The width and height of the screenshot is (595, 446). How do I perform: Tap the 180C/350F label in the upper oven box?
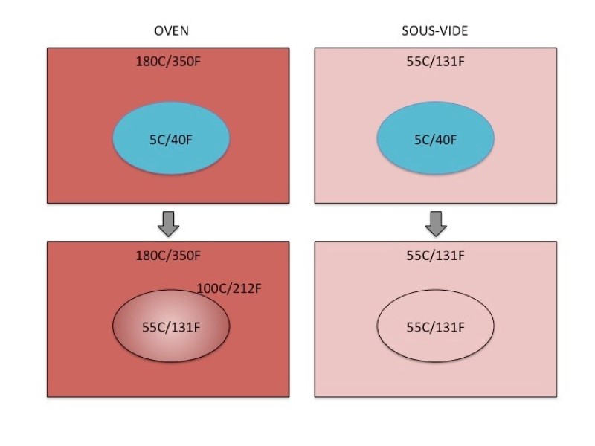click(168, 60)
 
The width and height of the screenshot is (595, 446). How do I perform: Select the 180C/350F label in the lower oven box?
click(168, 256)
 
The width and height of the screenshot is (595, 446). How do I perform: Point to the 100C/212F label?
click(229, 287)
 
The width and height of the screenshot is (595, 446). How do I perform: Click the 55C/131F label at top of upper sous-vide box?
click(435, 60)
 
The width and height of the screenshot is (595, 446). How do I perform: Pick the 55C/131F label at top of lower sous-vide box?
click(435, 256)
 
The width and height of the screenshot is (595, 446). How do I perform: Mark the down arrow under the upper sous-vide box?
click(436, 222)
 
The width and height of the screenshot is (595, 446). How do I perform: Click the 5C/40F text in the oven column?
click(171, 139)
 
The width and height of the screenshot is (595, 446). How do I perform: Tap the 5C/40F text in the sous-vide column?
click(436, 139)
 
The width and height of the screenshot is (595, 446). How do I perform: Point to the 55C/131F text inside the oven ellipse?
click(171, 327)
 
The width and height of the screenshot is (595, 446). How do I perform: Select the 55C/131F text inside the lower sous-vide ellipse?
click(436, 327)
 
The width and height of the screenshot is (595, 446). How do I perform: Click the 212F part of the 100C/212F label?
click(246, 287)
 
